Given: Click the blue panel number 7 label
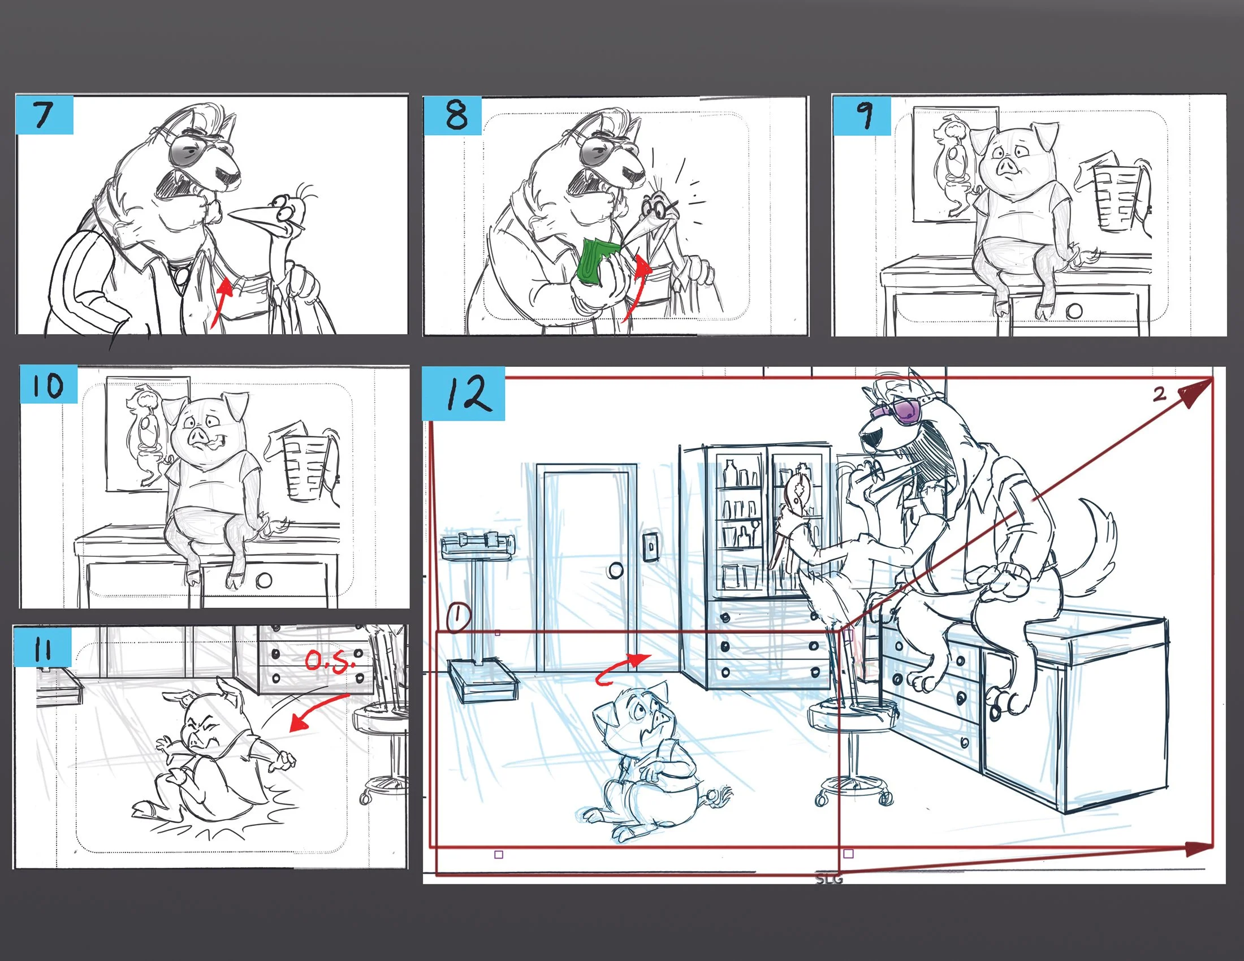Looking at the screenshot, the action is click(x=45, y=115).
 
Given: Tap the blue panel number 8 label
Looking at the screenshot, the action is click(x=453, y=115).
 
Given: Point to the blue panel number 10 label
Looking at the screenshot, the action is click(x=49, y=384).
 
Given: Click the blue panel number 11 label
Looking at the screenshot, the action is click(x=43, y=647).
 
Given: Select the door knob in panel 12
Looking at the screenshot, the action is click(x=615, y=570).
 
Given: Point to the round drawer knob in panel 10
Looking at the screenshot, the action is click(x=264, y=580).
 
